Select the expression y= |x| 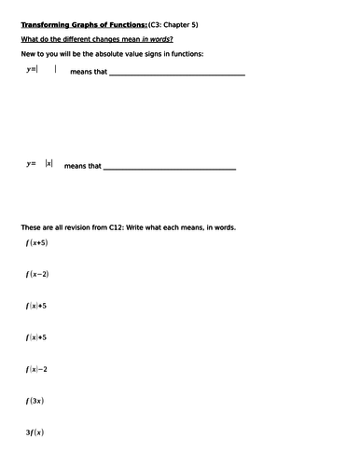43,163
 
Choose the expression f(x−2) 37,274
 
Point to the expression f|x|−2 37,369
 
